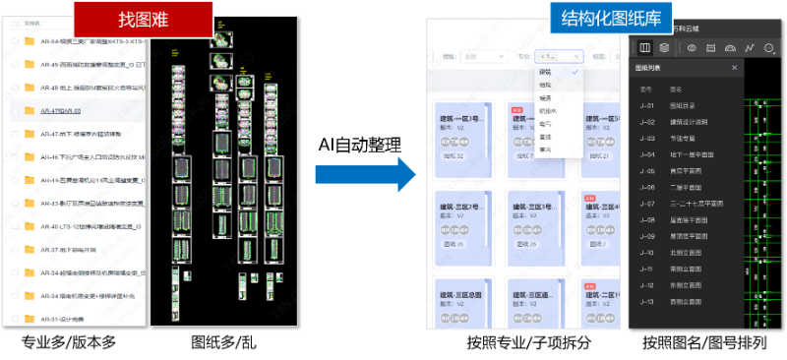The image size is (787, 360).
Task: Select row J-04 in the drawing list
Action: coord(679,153)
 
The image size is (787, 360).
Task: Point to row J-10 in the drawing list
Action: coord(679,253)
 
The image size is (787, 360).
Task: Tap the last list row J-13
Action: coord(679,302)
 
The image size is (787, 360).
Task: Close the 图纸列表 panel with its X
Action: coord(734,68)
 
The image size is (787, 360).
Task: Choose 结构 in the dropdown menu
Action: coord(546,85)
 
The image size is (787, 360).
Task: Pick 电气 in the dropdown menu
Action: coord(546,123)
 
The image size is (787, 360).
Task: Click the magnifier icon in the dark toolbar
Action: coord(770,46)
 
